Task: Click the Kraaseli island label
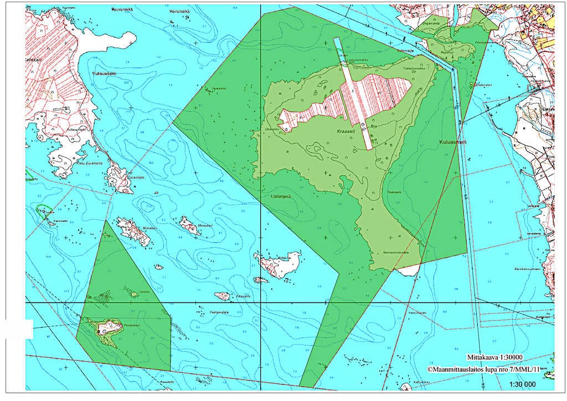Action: point(346,133)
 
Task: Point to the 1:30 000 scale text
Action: point(522,384)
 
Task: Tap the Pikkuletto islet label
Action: point(243,296)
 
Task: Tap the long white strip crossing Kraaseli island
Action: point(355,94)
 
